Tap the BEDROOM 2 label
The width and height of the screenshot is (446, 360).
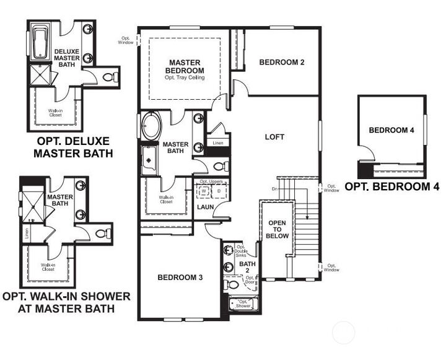click(x=282, y=62)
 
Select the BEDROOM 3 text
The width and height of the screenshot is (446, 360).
click(x=180, y=277)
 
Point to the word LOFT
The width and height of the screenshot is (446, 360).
click(x=274, y=136)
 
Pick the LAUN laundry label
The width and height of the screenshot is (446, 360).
click(x=205, y=206)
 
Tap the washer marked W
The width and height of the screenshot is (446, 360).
click(x=204, y=191)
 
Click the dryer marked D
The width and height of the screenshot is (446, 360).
click(x=218, y=191)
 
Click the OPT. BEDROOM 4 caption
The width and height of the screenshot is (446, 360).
click(x=391, y=186)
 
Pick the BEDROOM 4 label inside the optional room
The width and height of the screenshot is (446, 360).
click(x=390, y=130)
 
